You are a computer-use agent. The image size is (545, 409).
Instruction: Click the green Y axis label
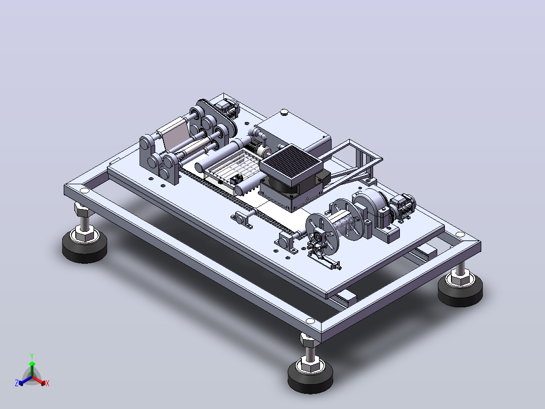click(x=32, y=356)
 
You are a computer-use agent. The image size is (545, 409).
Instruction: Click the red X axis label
click(x=48, y=383)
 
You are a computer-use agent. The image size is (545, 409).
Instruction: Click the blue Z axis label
click(x=17, y=383)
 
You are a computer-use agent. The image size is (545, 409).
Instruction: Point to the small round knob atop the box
click(x=284, y=112)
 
